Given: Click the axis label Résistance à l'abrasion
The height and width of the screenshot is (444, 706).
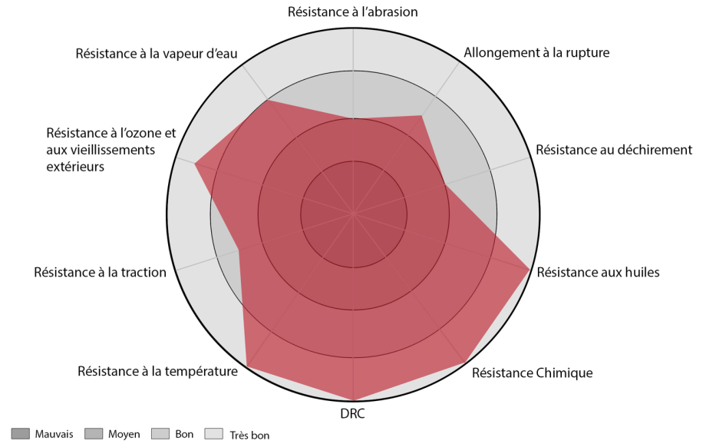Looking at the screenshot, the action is [x=352, y=12].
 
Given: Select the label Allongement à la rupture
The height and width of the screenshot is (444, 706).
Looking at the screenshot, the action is [x=536, y=53].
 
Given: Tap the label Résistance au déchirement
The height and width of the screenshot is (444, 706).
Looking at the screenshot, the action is [x=614, y=150].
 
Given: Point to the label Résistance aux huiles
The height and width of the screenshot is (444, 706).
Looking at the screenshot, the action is [x=598, y=272].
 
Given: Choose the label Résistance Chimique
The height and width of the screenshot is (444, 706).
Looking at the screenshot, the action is [x=533, y=373].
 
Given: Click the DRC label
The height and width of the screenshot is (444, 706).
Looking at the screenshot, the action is [x=352, y=414].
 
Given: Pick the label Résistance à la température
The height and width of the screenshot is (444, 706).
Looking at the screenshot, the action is [x=157, y=372].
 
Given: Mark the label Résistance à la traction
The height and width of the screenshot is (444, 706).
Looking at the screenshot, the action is [x=100, y=272].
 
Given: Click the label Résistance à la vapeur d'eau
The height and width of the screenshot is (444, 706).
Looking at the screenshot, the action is [x=157, y=54].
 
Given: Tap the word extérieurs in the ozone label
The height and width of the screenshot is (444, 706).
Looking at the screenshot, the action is [x=75, y=167].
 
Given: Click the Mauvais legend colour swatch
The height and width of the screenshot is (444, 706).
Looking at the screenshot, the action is [x=20, y=434].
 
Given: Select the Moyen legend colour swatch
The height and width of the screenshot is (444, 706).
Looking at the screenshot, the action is [x=93, y=434].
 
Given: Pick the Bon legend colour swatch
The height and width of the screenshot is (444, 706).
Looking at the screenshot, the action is [x=160, y=434].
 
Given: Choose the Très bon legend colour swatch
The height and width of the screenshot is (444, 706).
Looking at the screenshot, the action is [x=214, y=434].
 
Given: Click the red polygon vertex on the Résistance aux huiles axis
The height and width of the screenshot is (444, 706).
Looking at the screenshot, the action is [x=529, y=270].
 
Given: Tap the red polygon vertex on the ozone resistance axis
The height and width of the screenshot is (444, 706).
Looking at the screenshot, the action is [x=194, y=164].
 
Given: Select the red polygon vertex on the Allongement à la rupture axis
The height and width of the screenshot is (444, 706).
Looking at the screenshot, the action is [x=421, y=116].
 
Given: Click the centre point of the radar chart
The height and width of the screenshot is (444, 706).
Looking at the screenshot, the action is [x=354, y=214].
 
